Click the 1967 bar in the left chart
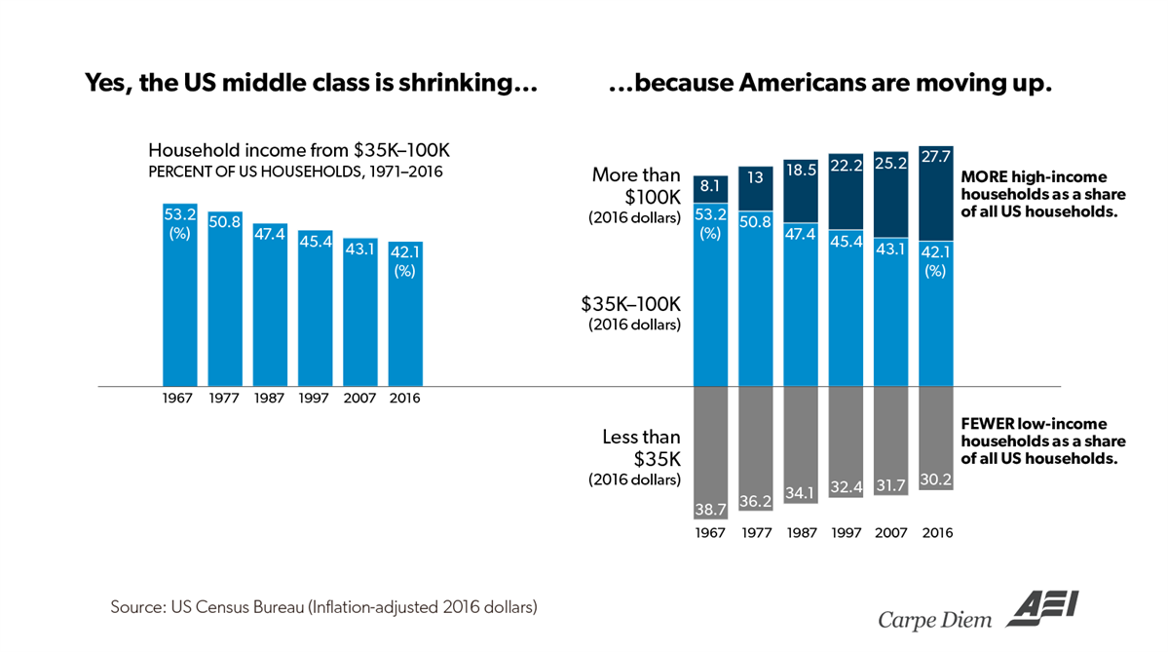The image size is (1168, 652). (x=179, y=297)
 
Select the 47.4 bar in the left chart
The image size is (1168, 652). (x=270, y=307)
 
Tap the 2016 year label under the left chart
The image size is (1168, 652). (x=404, y=399)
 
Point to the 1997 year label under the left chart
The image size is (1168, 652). (x=315, y=399)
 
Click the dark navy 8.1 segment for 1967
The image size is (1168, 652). (x=710, y=189)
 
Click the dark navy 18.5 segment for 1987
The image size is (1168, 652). (x=800, y=190)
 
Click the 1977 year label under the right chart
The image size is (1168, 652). (x=755, y=533)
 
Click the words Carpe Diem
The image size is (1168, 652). (x=933, y=618)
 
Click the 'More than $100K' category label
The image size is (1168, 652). (x=636, y=185)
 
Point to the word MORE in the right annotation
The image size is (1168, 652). (x=983, y=177)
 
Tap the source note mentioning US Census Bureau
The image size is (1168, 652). (x=323, y=607)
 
